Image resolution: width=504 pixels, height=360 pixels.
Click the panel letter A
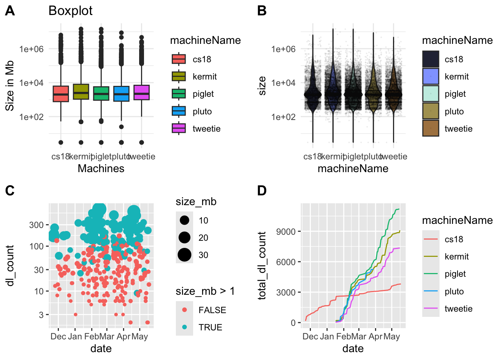[10, 11]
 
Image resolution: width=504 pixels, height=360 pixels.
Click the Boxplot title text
[70, 11]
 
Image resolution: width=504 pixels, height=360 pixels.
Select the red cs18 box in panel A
[61, 94]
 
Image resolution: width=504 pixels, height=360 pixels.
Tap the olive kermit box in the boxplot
[81, 92]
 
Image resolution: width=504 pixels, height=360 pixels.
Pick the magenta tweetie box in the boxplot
[141, 93]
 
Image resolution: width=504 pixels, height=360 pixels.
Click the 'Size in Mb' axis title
[10, 85]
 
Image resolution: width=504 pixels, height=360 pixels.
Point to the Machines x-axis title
[101, 168]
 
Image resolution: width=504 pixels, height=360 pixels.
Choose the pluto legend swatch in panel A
[179, 111]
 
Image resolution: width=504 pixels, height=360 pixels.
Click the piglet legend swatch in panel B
[430, 94]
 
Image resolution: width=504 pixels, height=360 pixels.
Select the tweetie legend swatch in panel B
[430, 129]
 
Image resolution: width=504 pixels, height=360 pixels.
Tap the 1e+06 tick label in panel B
[283, 49]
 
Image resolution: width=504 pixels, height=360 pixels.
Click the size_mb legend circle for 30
[184, 255]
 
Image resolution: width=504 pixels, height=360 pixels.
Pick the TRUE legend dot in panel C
[184, 327]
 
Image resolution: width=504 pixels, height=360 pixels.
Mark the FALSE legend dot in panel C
[184, 310]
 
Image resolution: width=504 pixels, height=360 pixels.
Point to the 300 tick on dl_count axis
[36, 225]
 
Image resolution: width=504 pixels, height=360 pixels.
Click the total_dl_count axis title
[262, 266]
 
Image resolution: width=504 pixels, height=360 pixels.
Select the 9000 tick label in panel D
[286, 232]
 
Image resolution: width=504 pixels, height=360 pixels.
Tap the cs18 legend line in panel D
[430, 239]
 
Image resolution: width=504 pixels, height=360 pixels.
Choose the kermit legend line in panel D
[430, 256]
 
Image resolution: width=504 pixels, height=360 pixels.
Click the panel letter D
[262, 190]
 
